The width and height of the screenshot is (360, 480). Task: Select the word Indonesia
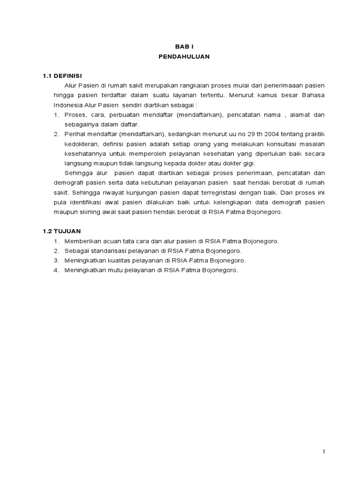(x=67, y=105)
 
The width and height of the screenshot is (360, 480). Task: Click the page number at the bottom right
(x=323, y=451)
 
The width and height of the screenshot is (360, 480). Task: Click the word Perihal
(x=75, y=134)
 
